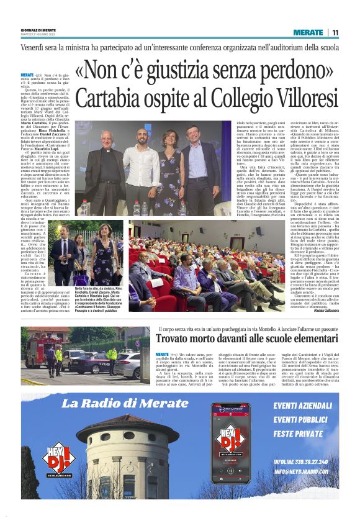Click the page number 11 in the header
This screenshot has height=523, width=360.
tap(335, 32)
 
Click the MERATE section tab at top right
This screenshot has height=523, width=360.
tap(308, 32)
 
